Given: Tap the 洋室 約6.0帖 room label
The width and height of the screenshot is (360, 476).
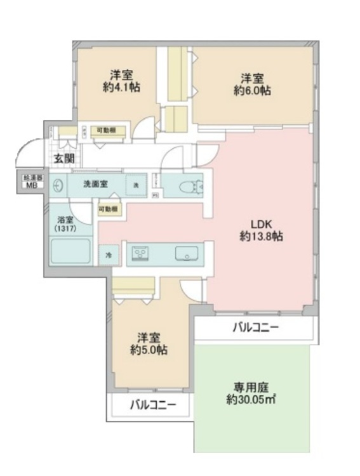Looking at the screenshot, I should tap(252, 84).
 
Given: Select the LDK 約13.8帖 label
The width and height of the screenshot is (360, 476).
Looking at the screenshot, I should tap(261, 230).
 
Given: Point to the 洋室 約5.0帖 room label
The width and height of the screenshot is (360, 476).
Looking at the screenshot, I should tap(149, 343).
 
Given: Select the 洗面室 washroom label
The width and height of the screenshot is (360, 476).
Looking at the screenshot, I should tap(95, 184).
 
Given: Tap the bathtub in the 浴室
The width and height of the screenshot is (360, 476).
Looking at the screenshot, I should tap(72, 256).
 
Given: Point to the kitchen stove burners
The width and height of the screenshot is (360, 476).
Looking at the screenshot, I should tap(140, 255).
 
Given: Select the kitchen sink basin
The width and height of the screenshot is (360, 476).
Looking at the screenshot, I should tap(187, 255).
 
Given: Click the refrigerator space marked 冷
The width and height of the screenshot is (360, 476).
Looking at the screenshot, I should tap(108, 255).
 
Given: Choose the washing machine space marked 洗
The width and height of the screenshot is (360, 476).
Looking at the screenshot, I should tap(135, 185).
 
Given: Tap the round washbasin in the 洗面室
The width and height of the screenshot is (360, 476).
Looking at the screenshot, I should tap(58, 185).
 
